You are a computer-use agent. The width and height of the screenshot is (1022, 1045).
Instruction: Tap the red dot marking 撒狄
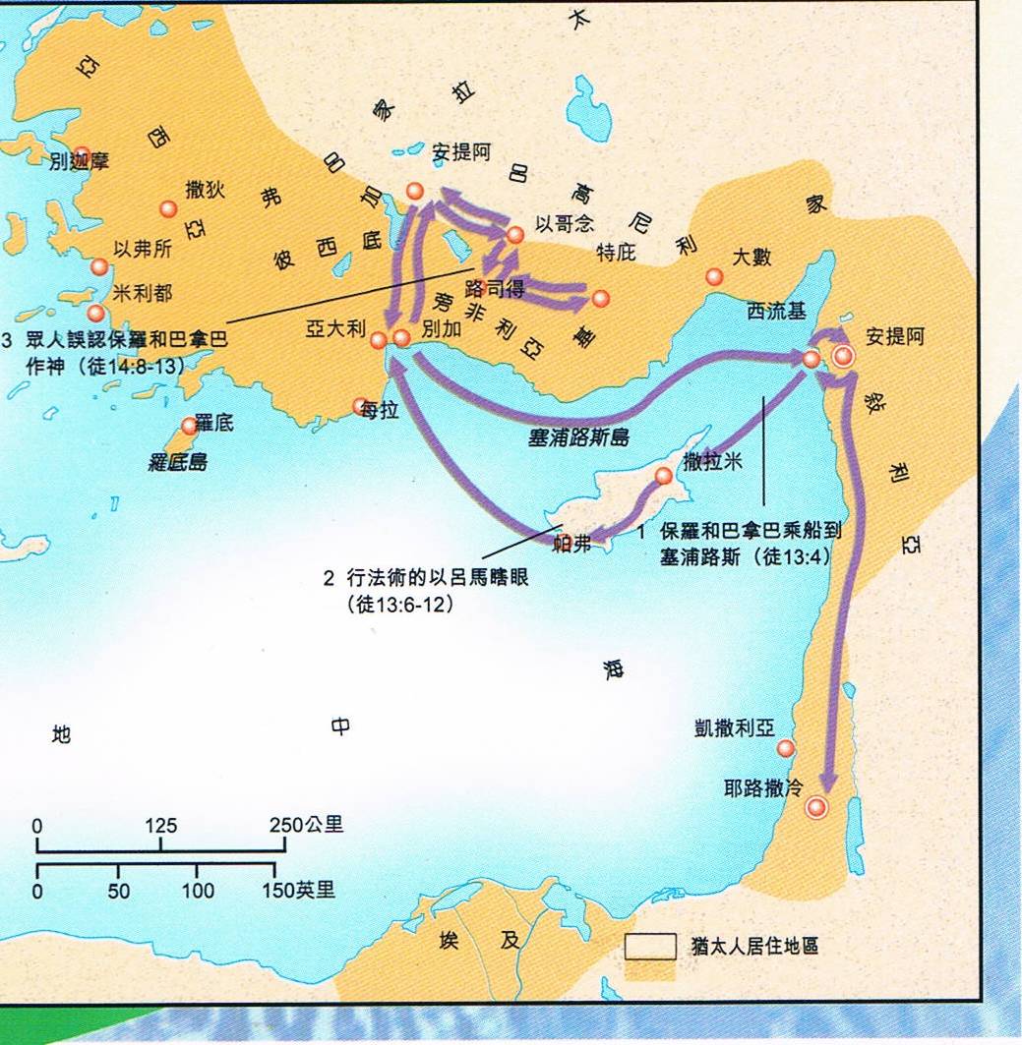coord(168,208)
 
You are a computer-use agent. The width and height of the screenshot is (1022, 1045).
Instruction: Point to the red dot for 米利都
coord(96,313)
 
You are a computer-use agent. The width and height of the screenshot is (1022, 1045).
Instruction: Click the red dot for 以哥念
coord(514,235)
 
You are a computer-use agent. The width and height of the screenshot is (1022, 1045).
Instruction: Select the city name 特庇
coord(617,253)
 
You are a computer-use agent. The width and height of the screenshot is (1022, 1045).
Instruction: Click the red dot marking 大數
coord(715,277)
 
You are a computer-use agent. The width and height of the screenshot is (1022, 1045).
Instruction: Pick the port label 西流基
coord(775,312)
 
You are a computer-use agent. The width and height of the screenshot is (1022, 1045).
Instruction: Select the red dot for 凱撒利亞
coord(785,748)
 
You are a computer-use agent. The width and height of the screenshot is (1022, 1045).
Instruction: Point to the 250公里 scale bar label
coord(307,824)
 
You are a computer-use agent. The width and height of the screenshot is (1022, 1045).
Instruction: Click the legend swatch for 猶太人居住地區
coord(651,946)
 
